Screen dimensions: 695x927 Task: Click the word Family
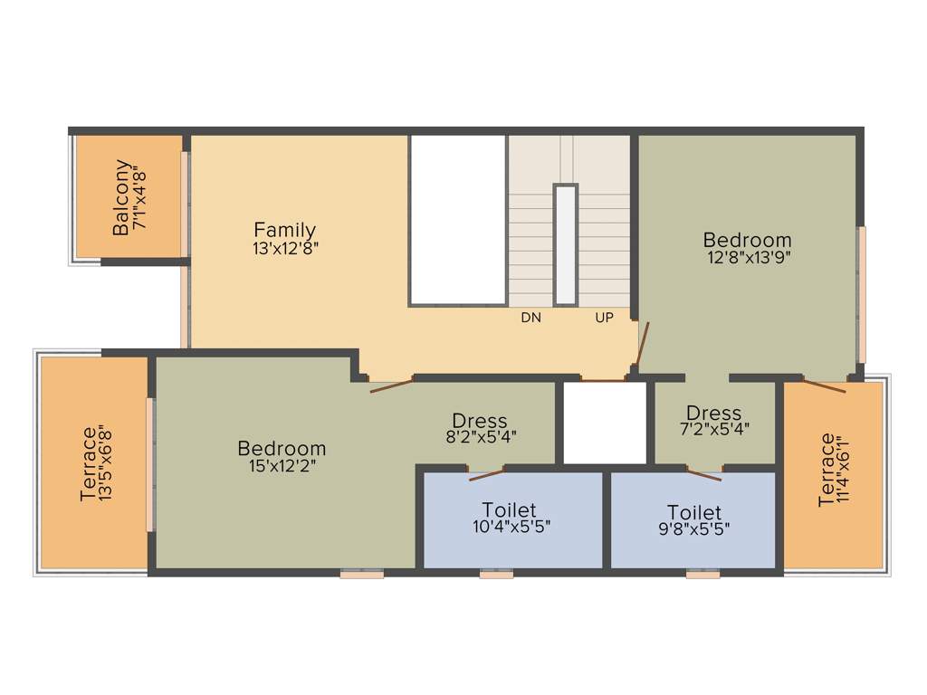coord(284,230)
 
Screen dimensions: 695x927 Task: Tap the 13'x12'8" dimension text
coord(286,248)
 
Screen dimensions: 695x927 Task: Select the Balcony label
coord(121,197)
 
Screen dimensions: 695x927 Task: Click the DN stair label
coord(530,318)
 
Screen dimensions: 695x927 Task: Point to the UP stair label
coord(604,318)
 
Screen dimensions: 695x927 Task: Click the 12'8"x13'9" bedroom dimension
coord(747,258)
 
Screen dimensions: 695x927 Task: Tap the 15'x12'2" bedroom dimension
coord(281,466)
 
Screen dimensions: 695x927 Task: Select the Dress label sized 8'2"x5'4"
coord(479,421)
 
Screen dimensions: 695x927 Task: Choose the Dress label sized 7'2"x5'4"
coord(713,414)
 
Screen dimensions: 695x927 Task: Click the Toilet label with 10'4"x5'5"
coord(509,509)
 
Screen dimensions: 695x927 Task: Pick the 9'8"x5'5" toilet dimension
coord(694,530)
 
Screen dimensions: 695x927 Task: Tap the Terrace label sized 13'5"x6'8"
coord(89,463)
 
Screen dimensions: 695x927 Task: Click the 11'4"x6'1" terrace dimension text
coord(846,471)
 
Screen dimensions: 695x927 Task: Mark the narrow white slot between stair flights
coord(566,244)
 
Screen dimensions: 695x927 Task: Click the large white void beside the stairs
coord(457,220)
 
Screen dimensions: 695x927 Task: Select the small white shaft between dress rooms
coord(605,423)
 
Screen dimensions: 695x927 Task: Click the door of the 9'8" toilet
coord(703,471)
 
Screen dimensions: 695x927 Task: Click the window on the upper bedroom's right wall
coord(862,294)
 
